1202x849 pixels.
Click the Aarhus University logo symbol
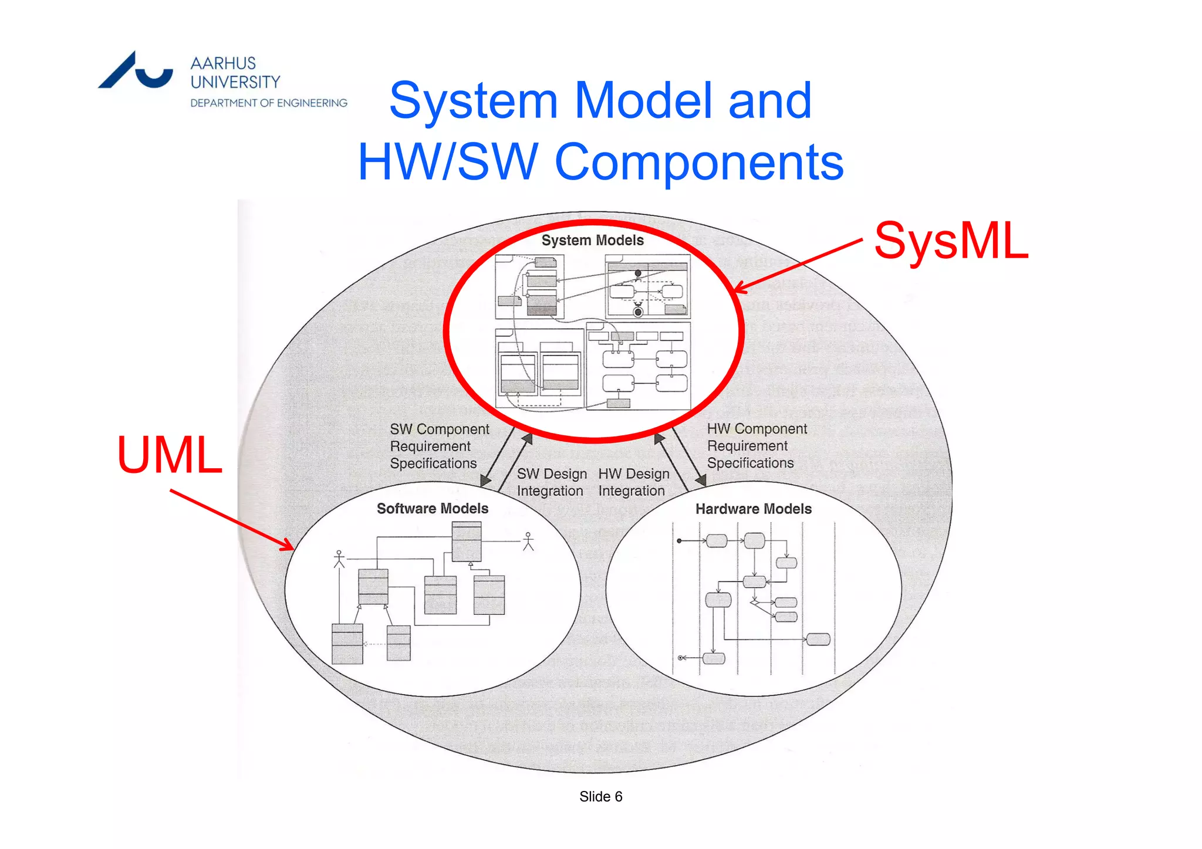(136, 72)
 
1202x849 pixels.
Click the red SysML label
(951, 241)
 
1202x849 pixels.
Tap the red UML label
(170, 455)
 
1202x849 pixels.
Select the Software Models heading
(433, 509)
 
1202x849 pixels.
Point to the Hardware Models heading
(754, 509)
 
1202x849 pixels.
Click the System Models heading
(592, 241)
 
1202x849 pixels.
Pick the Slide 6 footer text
(600, 796)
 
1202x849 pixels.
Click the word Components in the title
(699, 162)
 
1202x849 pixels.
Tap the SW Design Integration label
(551, 482)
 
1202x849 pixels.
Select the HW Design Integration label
(633, 482)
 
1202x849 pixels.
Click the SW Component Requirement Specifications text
(439, 447)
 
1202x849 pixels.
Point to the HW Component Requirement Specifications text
(757, 446)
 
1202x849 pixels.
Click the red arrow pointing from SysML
(798, 265)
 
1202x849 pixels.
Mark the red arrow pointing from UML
(232, 520)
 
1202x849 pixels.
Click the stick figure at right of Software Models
(528, 542)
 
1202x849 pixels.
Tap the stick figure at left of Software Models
(339, 559)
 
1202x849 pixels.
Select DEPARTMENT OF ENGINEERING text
(269, 103)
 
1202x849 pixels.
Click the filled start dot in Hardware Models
(679, 540)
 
